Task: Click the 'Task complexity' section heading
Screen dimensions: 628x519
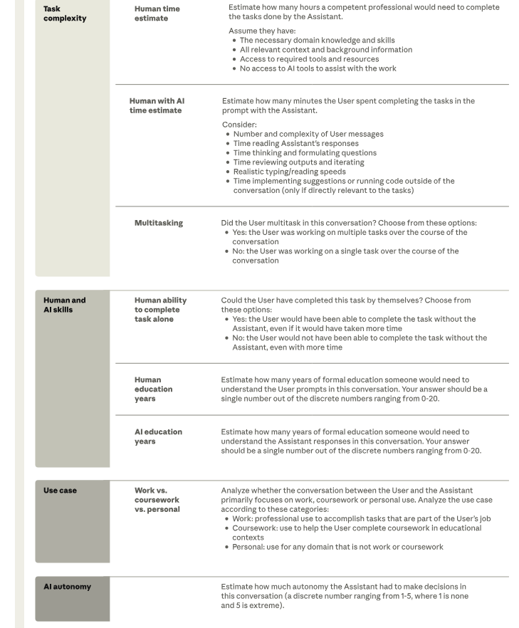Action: click(x=65, y=14)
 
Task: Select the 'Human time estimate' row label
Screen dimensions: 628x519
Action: click(x=157, y=14)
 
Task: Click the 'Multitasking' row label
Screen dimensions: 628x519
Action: click(x=158, y=223)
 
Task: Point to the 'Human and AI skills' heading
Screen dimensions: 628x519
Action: click(x=65, y=305)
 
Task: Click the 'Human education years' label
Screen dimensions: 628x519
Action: click(x=153, y=389)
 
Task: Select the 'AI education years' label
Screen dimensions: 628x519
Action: click(x=158, y=436)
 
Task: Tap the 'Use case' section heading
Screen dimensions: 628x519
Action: click(x=60, y=491)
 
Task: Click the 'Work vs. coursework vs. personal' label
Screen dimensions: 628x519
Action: click(x=157, y=500)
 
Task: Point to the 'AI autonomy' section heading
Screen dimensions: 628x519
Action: click(x=68, y=587)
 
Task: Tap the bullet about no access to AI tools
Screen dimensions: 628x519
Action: click(x=318, y=68)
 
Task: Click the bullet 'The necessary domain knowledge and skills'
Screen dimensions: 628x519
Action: click(x=317, y=41)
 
